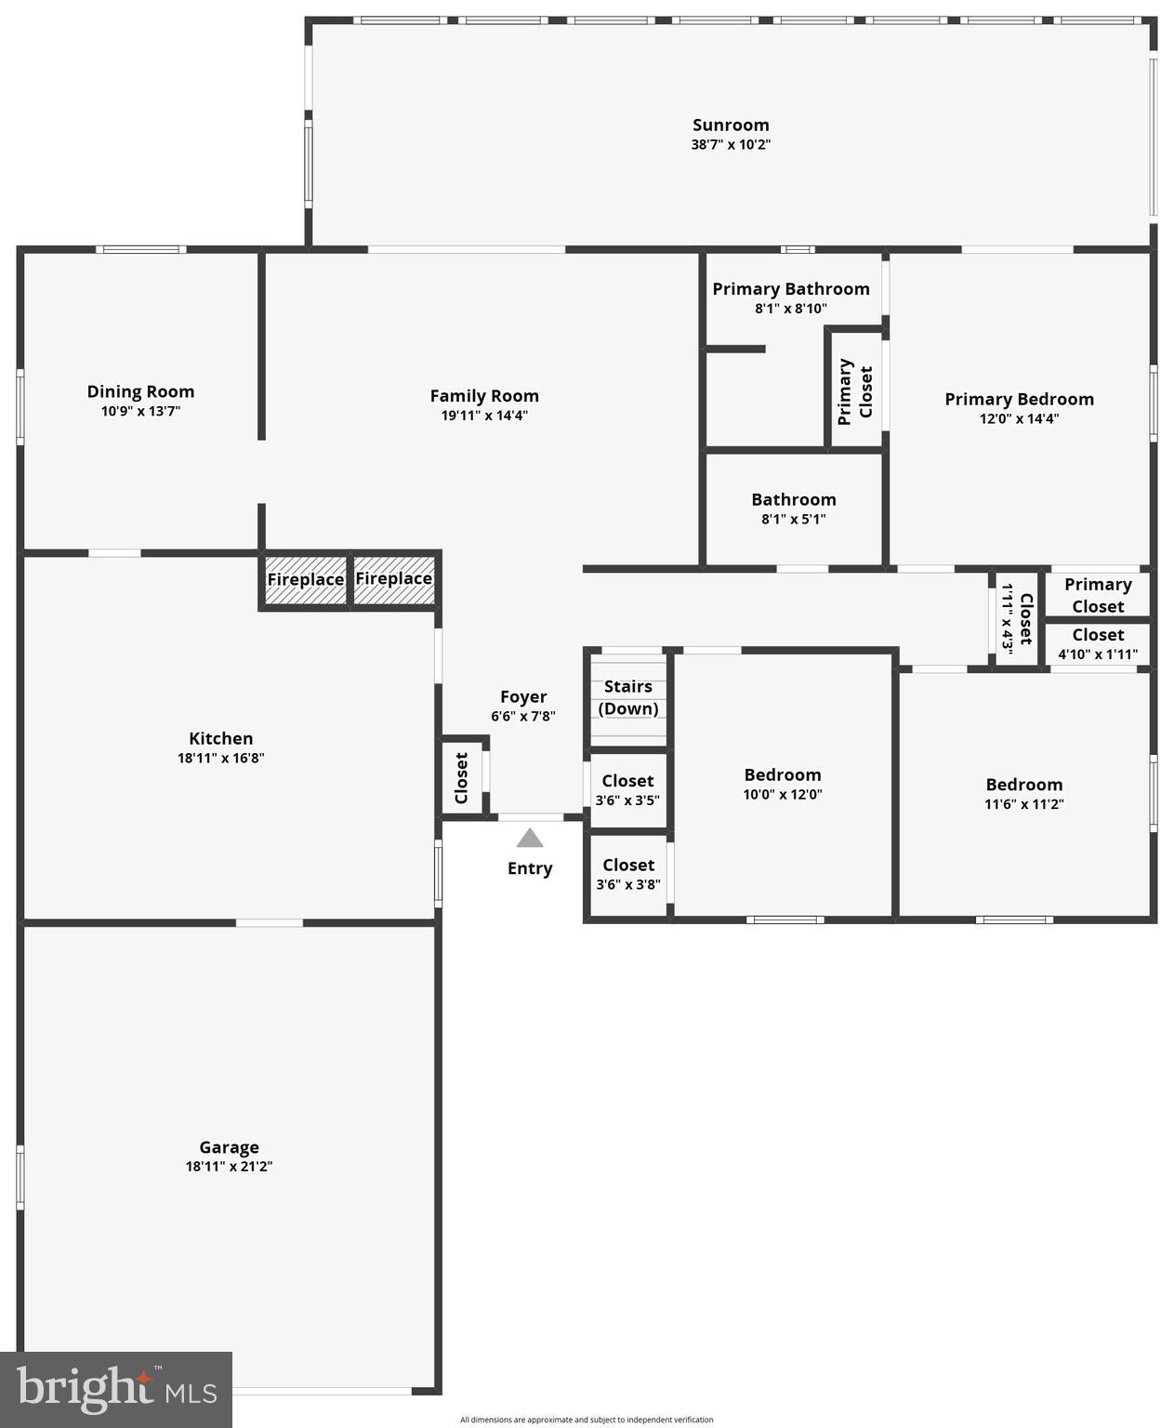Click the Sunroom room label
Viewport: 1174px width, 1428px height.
click(731, 126)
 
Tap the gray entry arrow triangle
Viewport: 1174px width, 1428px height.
click(530, 839)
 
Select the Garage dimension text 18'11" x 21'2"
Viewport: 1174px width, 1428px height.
click(229, 1167)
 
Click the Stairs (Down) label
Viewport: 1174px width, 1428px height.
click(628, 697)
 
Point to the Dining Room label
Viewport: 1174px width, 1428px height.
click(140, 392)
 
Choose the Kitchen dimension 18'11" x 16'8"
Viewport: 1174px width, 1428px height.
click(221, 759)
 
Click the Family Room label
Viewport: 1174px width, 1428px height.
click(484, 396)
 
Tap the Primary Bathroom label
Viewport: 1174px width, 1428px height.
click(791, 289)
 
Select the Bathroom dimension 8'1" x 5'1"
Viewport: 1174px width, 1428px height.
click(793, 520)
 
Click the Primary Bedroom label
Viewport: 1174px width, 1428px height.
click(1019, 400)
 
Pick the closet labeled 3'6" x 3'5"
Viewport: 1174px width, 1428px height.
click(627, 800)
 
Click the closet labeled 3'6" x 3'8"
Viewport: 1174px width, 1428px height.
click(628, 885)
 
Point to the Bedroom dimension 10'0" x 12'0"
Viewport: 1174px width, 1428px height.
click(783, 795)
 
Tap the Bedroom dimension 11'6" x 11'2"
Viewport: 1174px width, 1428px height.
click(1023, 805)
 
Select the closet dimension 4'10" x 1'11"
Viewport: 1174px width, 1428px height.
click(1098, 654)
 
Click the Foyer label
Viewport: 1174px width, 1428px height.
click(523, 697)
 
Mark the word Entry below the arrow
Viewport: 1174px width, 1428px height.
click(530, 869)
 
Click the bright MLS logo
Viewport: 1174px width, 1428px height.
click(116, 1389)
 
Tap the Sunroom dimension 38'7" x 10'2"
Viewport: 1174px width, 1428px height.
click(731, 145)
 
